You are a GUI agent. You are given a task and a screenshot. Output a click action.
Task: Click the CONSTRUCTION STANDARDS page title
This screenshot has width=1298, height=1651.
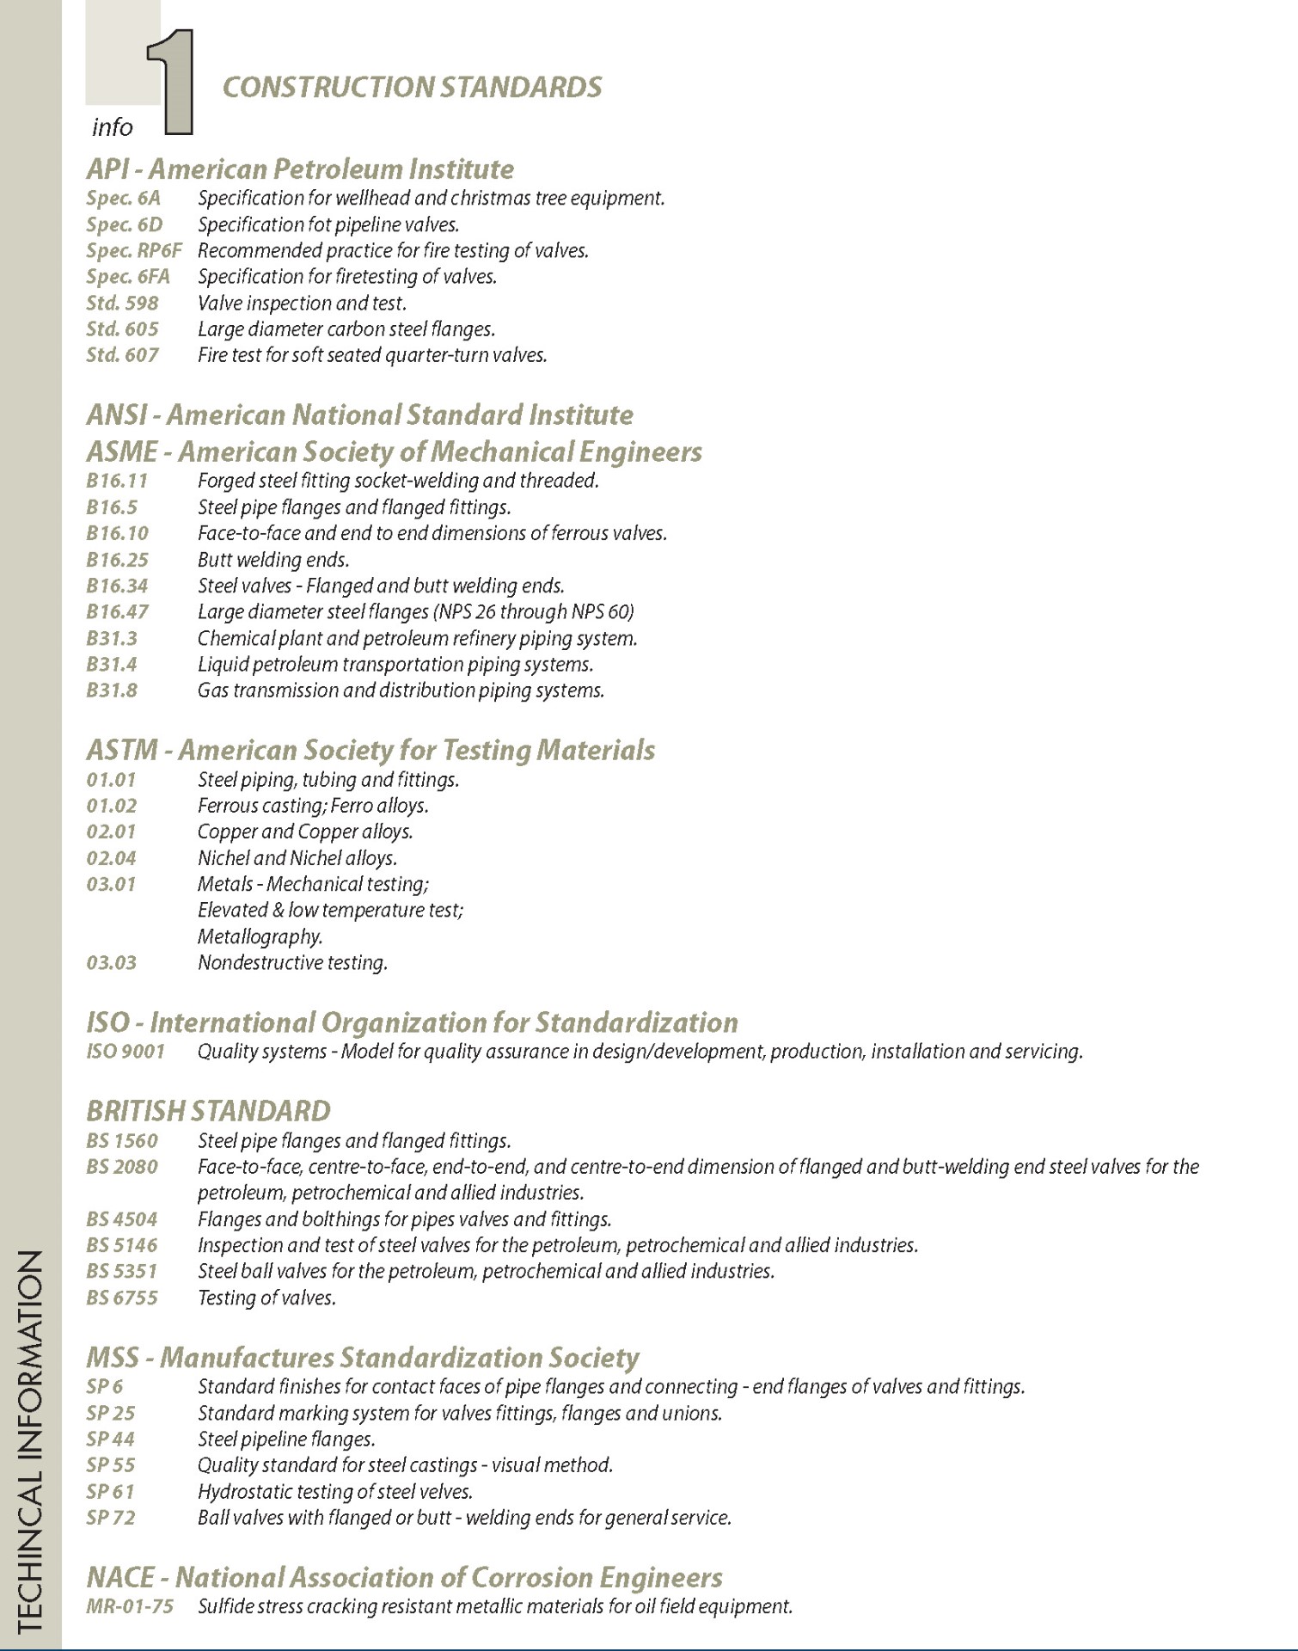click(412, 88)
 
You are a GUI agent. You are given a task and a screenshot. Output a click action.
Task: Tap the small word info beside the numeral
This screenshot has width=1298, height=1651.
click(112, 128)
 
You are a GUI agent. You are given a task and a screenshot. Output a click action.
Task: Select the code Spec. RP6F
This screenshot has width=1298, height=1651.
click(134, 251)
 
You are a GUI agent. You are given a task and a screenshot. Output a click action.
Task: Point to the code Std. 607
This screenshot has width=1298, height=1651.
click(122, 355)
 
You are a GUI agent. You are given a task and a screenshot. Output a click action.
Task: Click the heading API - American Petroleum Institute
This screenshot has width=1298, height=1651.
click(300, 169)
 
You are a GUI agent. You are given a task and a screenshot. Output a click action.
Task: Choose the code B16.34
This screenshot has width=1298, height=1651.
click(117, 586)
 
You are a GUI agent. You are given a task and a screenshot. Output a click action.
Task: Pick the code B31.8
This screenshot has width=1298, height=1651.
click(112, 690)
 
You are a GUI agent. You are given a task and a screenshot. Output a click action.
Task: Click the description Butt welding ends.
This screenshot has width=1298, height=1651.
click(273, 561)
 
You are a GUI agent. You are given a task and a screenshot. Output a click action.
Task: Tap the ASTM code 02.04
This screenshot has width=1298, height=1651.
click(111, 858)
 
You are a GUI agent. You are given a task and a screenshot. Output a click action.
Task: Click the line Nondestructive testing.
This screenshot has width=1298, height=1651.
click(292, 963)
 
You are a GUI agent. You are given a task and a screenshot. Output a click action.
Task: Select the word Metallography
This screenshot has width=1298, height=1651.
click(260, 936)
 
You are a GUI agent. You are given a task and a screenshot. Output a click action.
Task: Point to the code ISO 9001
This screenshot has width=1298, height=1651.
click(126, 1052)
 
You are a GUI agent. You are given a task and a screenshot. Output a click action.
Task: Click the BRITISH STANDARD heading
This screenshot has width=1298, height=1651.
click(208, 1111)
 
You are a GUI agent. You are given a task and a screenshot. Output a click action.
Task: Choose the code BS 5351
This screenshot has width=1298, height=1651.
click(122, 1271)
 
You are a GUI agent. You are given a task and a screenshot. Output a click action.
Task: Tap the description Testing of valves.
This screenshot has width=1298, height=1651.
click(266, 1298)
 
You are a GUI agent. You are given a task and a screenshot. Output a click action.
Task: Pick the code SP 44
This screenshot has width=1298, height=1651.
click(111, 1439)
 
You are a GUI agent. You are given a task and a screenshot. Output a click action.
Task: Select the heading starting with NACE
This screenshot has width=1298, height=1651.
click(404, 1578)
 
